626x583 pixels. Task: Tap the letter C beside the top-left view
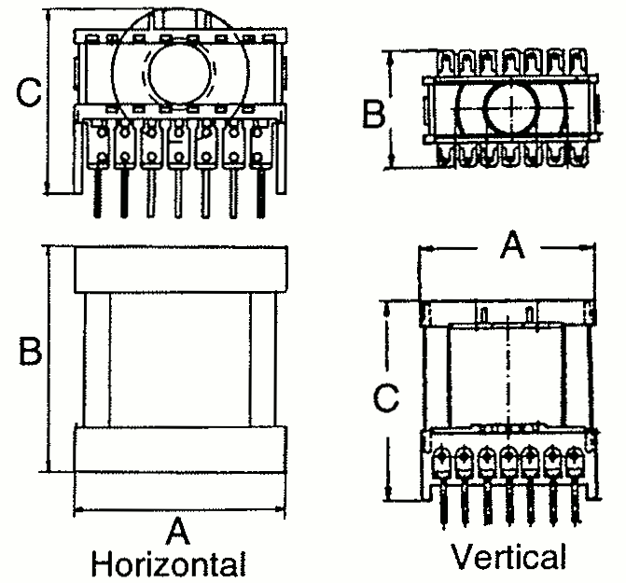pyautogui.click(x=29, y=92)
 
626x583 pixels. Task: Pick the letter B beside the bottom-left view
pyautogui.click(x=29, y=352)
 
